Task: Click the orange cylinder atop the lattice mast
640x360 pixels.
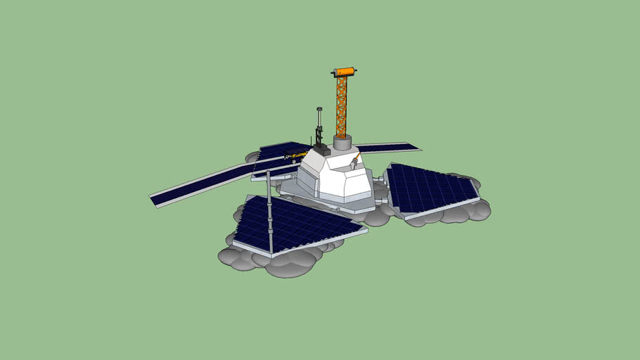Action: [x=344, y=72]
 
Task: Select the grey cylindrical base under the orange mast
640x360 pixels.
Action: [x=343, y=143]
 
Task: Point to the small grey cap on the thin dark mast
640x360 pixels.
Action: [x=319, y=109]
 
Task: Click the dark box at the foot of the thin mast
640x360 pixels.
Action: [x=321, y=149]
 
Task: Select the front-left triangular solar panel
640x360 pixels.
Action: [x=295, y=225]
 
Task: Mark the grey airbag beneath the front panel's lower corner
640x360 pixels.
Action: [x=290, y=263]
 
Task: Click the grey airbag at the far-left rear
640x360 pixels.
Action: [x=251, y=158]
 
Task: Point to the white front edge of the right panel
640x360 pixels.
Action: [x=443, y=210]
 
